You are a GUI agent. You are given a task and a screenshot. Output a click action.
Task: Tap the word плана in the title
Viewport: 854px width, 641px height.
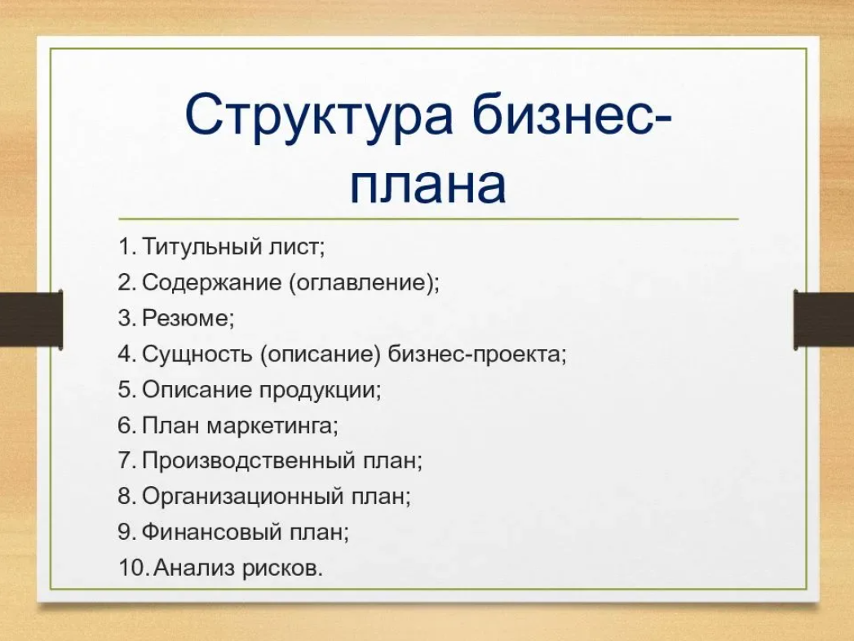(x=427, y=186)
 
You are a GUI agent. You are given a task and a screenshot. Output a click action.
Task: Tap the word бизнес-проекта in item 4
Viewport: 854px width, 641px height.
(x=476, y=355)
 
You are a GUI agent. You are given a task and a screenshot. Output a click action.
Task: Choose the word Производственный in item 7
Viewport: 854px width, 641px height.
(x=247, y=462)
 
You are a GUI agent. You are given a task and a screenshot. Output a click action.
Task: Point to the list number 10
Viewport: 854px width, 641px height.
(x=131, y=568)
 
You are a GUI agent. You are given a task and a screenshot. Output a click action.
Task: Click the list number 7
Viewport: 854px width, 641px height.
(x=126, y=462)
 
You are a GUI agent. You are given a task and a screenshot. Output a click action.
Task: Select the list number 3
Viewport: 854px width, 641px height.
(x=126, y=319)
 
